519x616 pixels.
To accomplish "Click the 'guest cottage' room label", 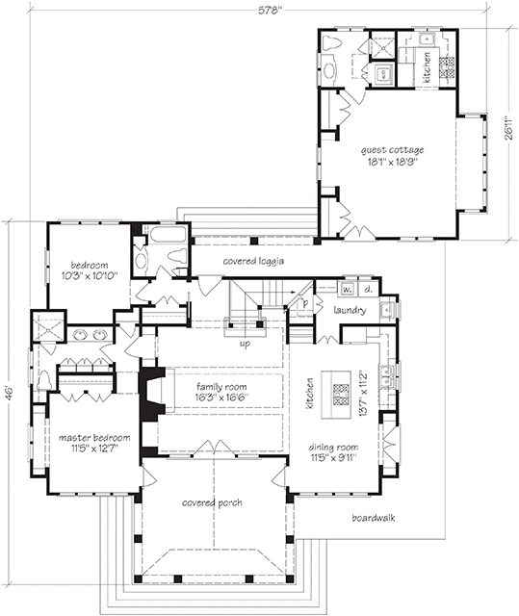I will coord(392,150).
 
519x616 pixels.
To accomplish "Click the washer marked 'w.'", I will coord(346,289).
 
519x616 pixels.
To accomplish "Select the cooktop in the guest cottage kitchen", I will coord(447,67).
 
